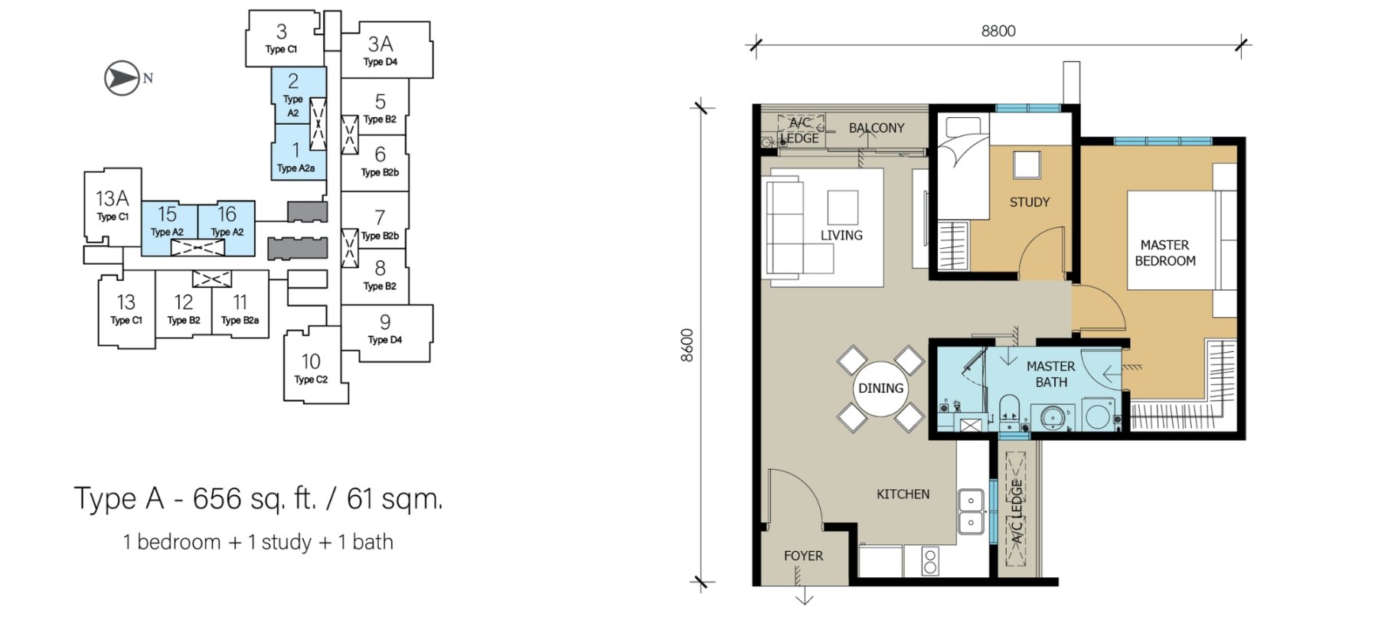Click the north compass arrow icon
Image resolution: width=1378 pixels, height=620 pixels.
[x=122, y=78]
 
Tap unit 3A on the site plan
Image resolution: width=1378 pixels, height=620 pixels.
[x=386, y=50]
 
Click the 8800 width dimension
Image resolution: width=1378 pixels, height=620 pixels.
[x=998, y=31]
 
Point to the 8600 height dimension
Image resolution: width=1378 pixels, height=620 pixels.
[x=687, y=345]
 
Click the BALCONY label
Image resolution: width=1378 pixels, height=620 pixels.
[x=877, y=128]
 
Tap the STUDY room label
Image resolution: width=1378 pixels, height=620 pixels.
[x=1030, y=202]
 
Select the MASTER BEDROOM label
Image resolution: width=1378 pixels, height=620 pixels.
[x=1164, y=253]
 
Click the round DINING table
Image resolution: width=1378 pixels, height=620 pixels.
[x=880, y=389]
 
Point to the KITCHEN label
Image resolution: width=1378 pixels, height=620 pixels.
[x=903, y=494]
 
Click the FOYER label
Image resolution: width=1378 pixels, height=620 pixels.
[x=803, y=556]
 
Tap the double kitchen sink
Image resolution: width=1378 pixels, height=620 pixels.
[x=971, y=511]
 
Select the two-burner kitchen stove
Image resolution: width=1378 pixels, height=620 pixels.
[x=930, y=561]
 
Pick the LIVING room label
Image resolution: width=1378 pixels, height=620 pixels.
[x=841, y=236]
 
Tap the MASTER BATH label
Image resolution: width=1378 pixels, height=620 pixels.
[x=1051, y=374]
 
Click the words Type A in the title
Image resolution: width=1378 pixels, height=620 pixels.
[x=119, y=499]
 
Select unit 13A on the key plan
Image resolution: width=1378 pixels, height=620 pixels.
[x=112, y=205]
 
